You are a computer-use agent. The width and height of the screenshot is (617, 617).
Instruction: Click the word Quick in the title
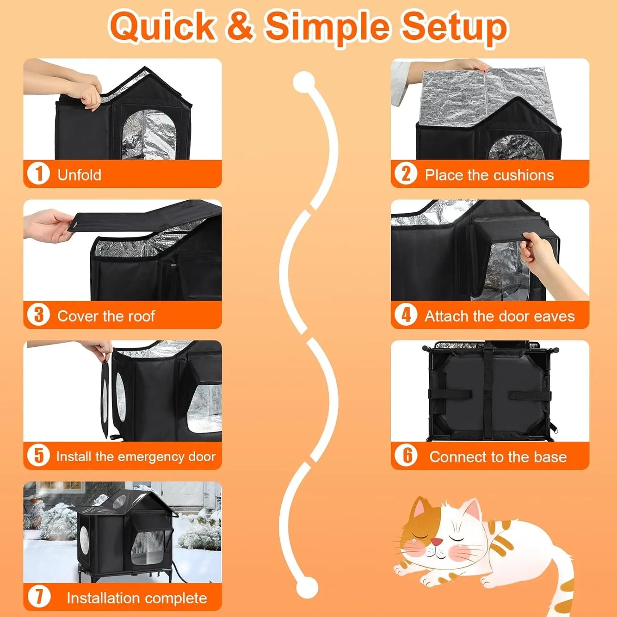tap(162, 26)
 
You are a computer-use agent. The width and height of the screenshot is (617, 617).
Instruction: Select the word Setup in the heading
tap(454, 26)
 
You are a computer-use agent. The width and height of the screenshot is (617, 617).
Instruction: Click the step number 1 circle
tap(38, 174)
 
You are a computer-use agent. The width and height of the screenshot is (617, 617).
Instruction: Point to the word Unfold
tap(79, 175)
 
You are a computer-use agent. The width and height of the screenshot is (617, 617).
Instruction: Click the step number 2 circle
tap(406, 174)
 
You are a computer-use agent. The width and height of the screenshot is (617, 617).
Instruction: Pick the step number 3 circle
tap(38, 315)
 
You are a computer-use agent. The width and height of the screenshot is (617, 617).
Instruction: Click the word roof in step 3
tap(141, 316)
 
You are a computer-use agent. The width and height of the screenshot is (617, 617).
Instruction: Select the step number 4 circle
tap(406, 315)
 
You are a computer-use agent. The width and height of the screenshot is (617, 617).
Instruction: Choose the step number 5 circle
tap(38, 456)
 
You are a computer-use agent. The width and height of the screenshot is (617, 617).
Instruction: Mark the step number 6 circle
tap(406, 456)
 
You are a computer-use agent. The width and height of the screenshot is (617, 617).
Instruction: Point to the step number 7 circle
tap(38, 597)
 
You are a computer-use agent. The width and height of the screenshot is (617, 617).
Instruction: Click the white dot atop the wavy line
tap(304, 82)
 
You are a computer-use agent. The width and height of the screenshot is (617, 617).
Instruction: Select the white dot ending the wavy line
tap(307, 588)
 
